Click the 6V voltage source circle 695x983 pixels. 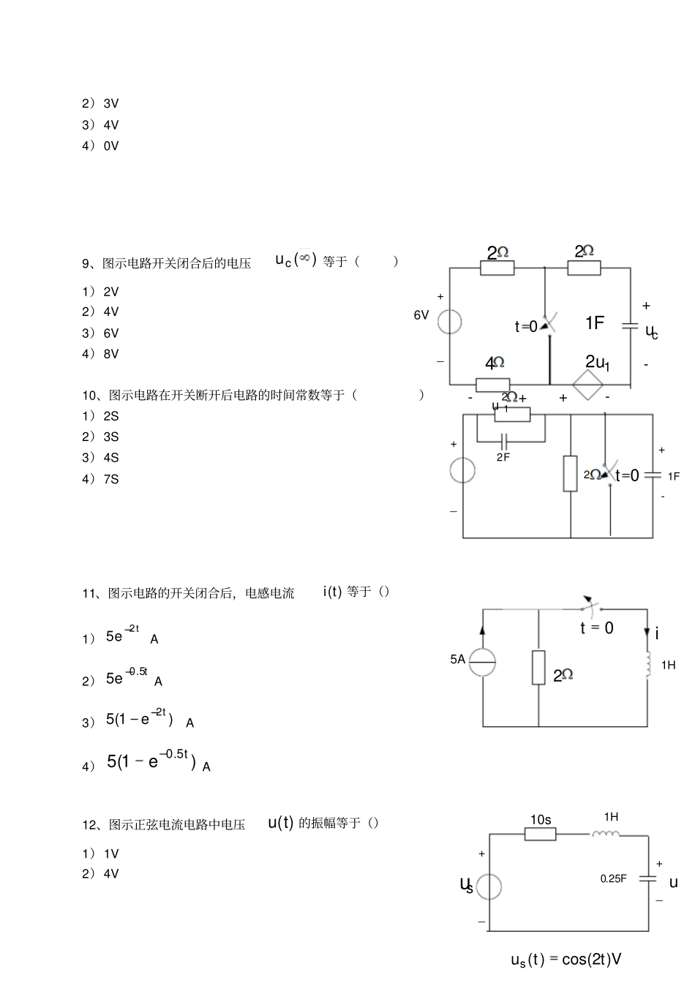coord(449,321)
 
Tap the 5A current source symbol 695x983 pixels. coord(482,662)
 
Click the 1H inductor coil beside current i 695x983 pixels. coord(647,664)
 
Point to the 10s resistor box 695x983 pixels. coord(540,834)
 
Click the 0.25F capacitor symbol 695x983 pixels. coord(647,878)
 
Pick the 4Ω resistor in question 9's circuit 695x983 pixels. coord(492,385)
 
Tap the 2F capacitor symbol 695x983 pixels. coord(504,441)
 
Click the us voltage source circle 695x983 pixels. coord(489,886)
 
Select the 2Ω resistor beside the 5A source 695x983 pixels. coord(538,667)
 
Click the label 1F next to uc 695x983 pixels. coord(594,323)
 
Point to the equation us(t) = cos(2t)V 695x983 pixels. coord(566,960)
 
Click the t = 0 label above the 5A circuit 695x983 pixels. coord(597,628)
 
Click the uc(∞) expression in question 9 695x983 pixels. coord(296,260)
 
